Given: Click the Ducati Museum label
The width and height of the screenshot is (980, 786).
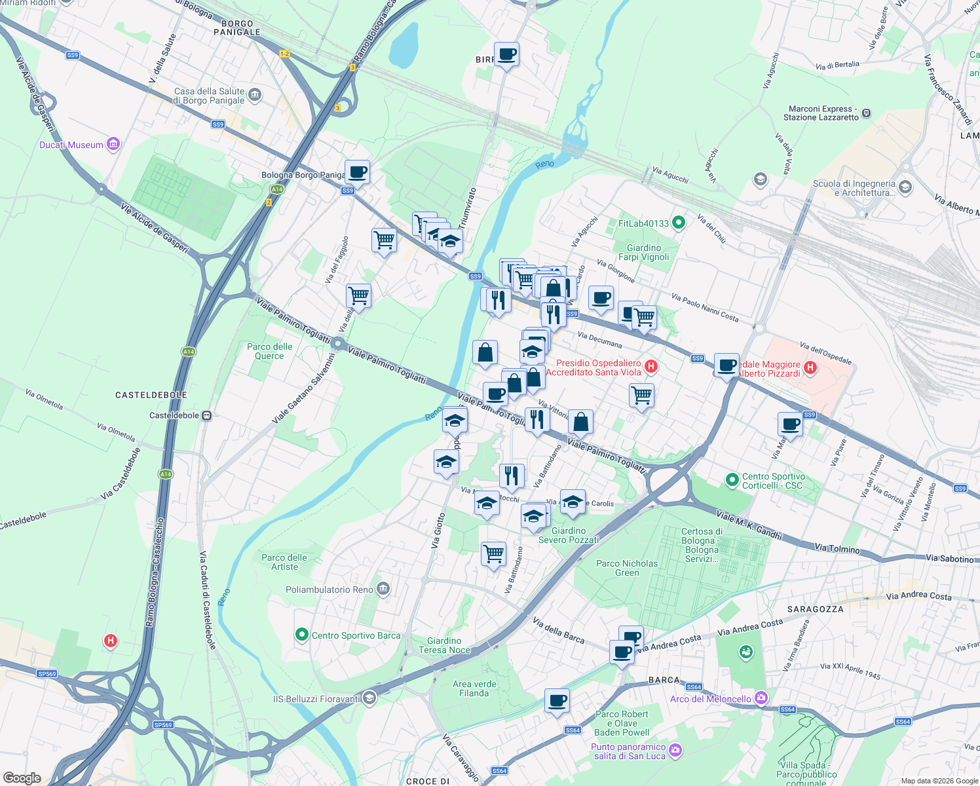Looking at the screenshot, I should (x=71, y=145).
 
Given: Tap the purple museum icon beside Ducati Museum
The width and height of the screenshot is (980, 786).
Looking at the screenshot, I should (x=113, y=144).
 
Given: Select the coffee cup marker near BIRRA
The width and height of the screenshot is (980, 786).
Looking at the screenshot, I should (x=506, y=54).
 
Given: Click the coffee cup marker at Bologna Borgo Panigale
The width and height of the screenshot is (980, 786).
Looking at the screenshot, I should (x=357, y=172).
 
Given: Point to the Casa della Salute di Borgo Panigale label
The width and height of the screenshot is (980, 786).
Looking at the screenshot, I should (x=209, y=96).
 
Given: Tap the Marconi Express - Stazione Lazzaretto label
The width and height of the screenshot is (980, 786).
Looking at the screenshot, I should (x=821, y=113).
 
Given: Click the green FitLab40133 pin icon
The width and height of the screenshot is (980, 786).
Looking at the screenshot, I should (x=679, y=223).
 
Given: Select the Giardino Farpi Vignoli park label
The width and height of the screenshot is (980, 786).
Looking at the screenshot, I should (x=644, y=252).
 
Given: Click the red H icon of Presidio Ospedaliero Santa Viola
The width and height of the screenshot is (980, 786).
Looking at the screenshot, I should (x=650, y=366).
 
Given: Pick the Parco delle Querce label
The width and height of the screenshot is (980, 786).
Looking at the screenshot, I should (x=270, y=351).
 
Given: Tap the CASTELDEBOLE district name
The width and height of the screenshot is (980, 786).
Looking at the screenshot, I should (x=151, y=395).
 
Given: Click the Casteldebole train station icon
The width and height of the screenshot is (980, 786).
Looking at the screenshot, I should (x=206, y=415).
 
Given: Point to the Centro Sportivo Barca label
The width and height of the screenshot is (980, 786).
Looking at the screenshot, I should (x=356, y=635).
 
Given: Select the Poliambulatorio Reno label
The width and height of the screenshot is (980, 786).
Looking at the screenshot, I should (x=329, y=589).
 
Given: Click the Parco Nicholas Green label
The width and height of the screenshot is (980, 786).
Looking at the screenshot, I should (x=627, y=568).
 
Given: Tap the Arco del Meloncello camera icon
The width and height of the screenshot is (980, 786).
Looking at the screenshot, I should (x=761, y=698).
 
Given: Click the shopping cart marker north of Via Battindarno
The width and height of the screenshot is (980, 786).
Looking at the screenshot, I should (x=493, y=553).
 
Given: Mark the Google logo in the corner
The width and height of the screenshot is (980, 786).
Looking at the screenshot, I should (x=22, y=778).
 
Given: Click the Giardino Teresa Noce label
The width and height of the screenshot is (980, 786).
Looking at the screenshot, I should (x=444, y=645).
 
